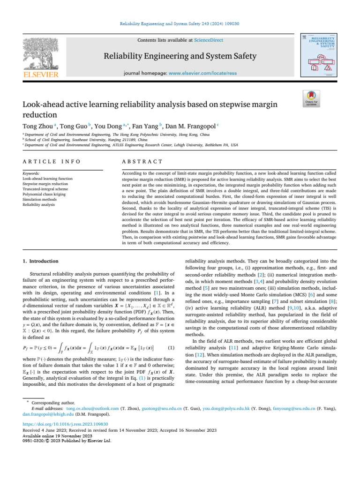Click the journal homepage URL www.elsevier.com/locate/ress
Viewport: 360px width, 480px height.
(x=205, y=74)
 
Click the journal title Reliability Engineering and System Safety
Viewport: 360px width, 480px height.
(x=180, y=57)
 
